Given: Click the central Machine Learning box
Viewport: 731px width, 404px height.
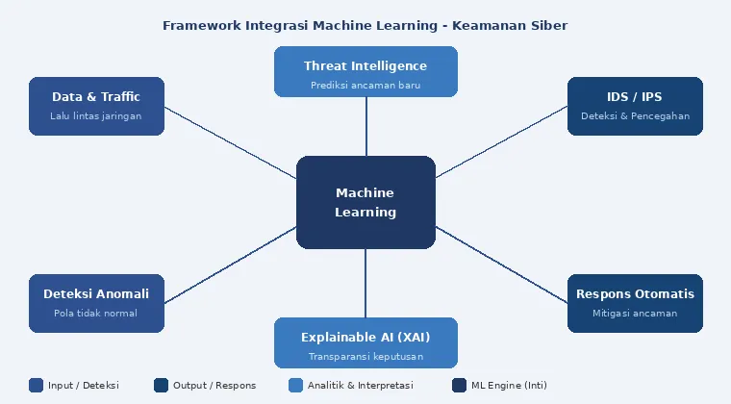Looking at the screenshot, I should (365, 202).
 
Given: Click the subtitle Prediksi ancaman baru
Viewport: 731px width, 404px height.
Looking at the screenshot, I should (365, 86).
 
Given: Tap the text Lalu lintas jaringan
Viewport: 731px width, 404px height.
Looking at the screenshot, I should (96, 116).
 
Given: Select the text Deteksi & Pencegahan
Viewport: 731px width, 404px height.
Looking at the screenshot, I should (635, 116).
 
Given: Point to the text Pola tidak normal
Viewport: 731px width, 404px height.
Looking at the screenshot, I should (96, 314).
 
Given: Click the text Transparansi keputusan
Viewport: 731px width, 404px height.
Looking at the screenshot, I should (365, 357).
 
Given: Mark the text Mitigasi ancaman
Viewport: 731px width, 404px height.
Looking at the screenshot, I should (635, 314).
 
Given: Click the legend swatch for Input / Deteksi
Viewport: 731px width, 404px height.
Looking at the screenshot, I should (37, 386).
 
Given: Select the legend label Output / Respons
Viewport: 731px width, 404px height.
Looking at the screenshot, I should (214, 386).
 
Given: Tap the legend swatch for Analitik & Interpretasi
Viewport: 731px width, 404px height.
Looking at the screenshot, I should (296, 386).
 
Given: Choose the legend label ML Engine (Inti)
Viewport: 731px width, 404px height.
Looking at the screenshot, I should (509, 386).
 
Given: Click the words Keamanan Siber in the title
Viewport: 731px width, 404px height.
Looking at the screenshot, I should (519, 25).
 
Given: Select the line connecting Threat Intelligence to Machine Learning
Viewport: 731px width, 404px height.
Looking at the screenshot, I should (365, 126).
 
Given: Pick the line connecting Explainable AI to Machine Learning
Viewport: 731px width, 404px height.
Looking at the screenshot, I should (365, 283).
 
